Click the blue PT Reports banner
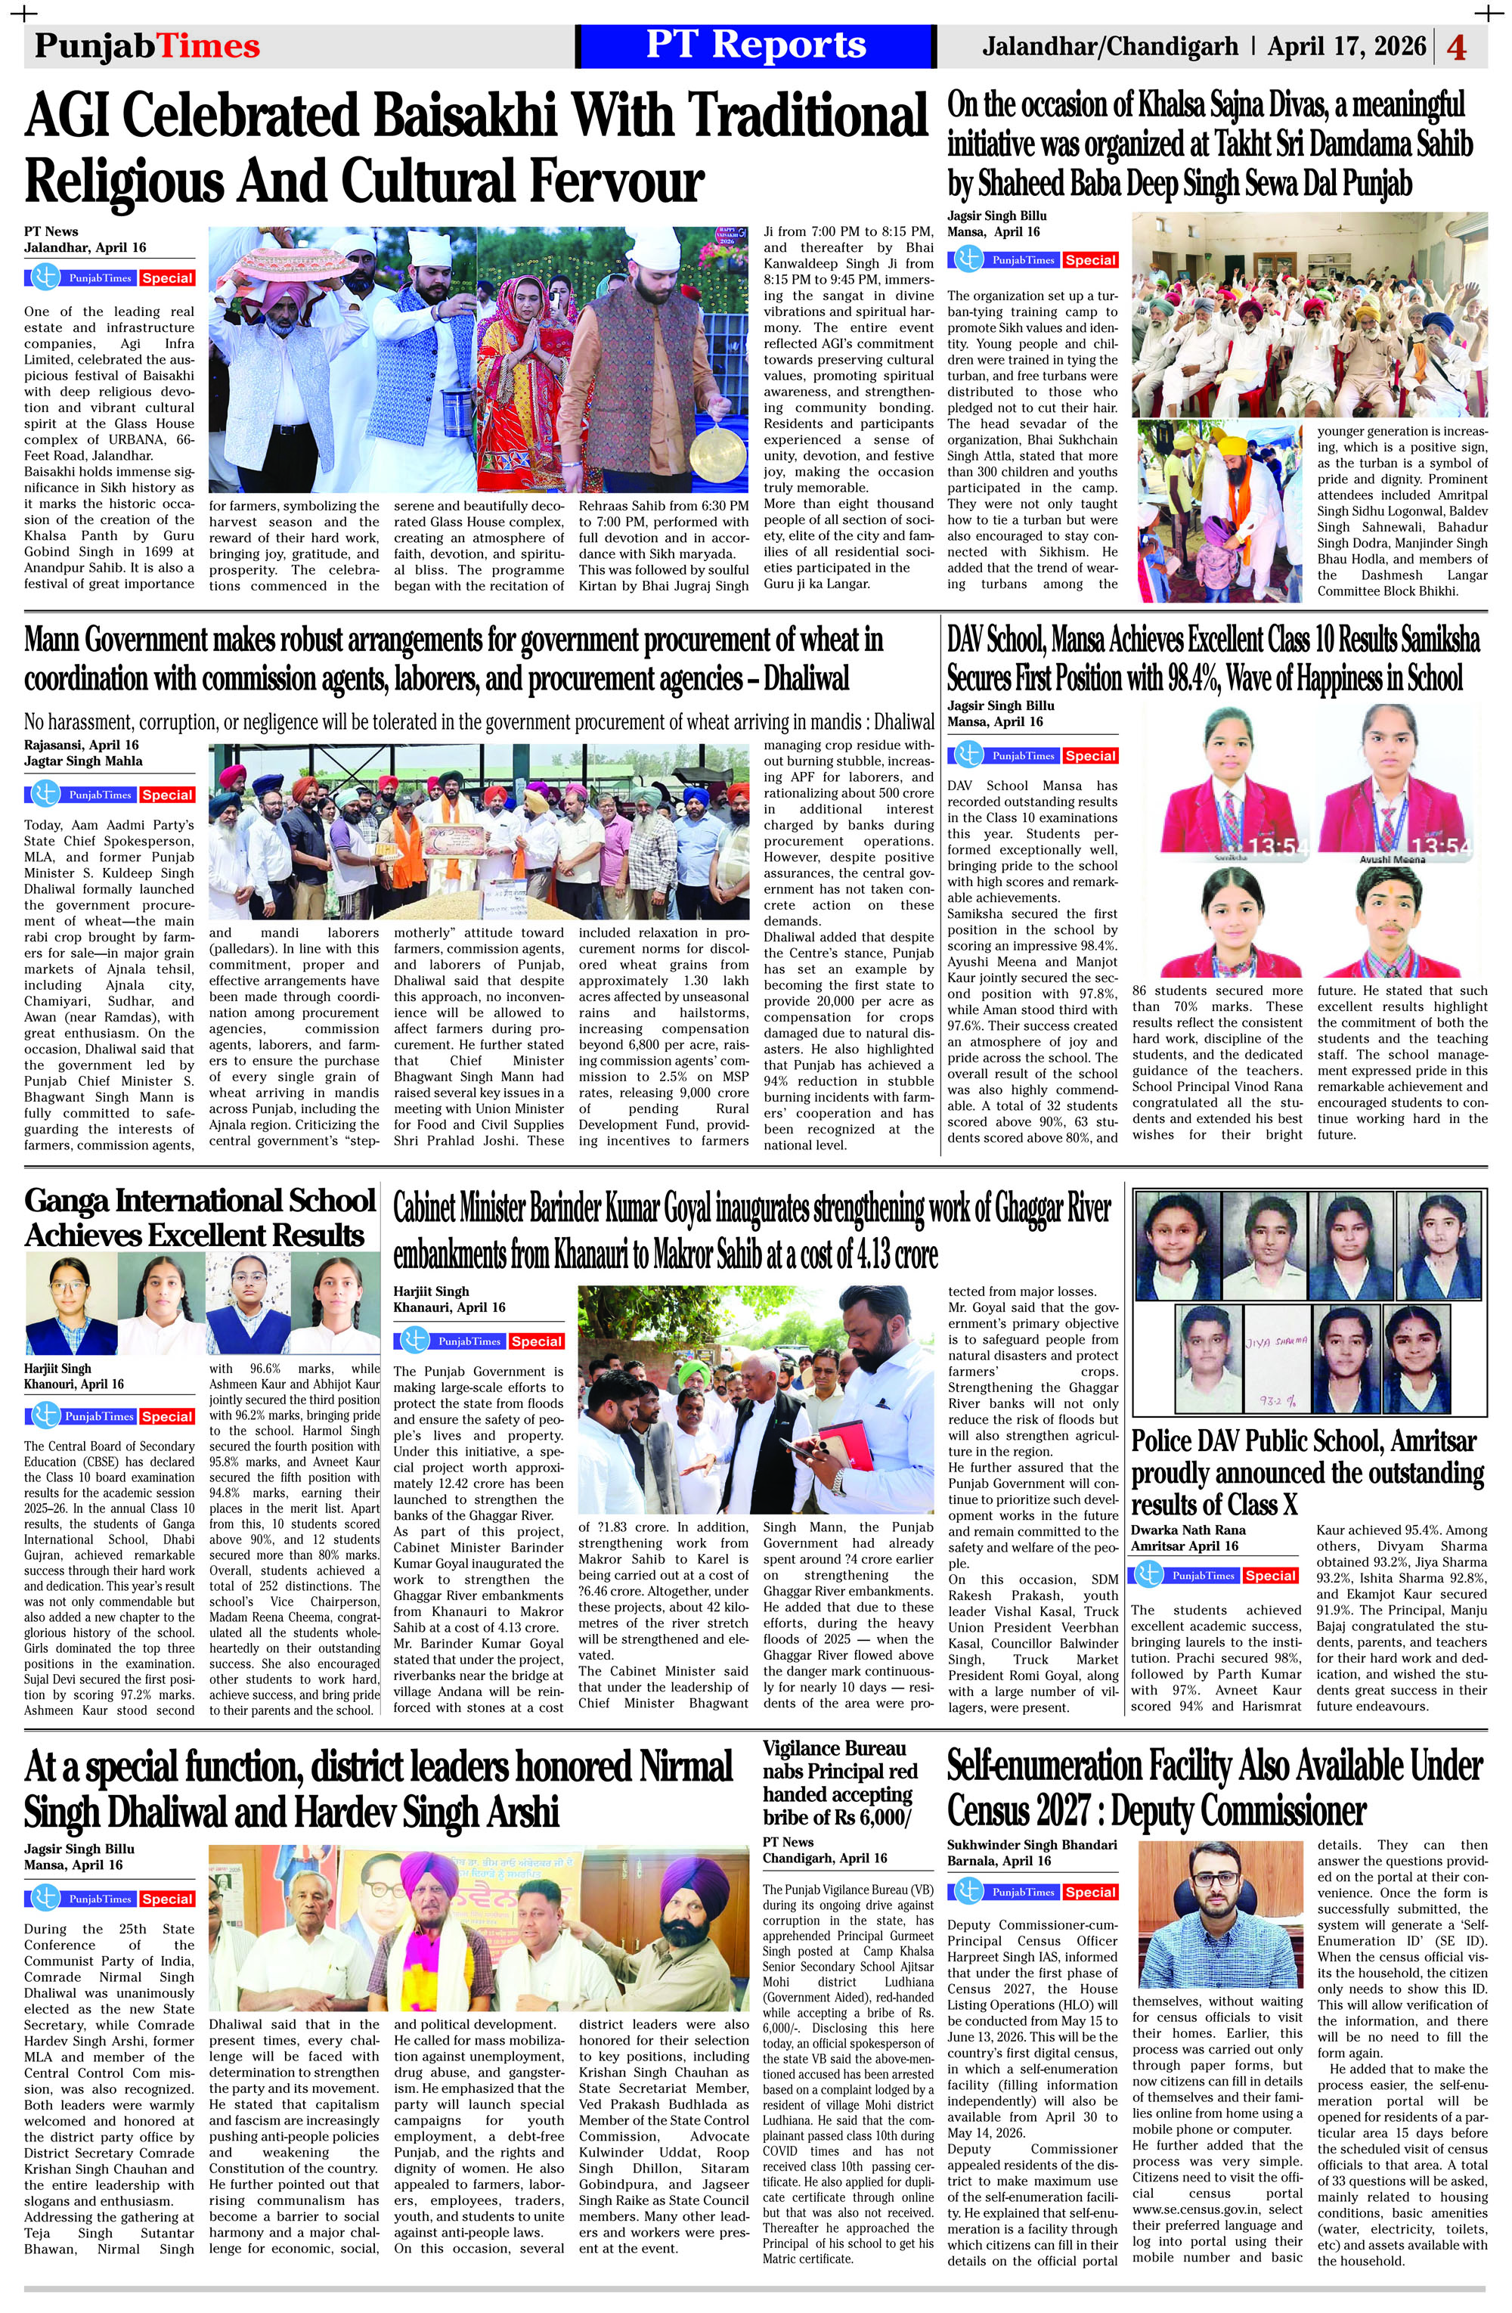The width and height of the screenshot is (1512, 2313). coord(755,45)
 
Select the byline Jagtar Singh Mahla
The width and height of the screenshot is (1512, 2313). coord(84,761)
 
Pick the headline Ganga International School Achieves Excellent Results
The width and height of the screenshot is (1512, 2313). coord(200,1217)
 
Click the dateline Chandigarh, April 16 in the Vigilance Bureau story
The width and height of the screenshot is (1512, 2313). coord(824,1858)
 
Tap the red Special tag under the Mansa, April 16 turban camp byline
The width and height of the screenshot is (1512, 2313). coord(1089,260)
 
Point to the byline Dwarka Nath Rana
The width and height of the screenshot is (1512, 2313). coord(1188,1530)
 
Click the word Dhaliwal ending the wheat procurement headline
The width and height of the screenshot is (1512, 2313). coord(798,677)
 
